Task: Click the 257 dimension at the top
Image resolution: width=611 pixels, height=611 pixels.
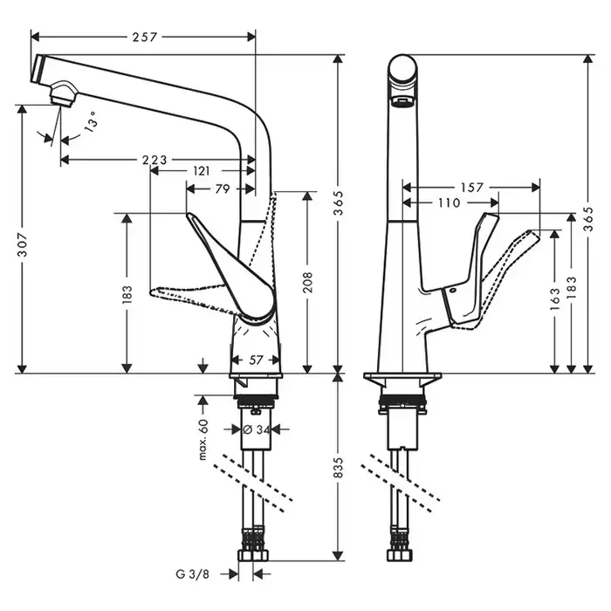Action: click(145, 37)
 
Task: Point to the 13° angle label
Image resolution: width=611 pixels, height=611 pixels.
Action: click(90, 125)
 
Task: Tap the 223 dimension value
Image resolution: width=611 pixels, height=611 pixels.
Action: click(154, 160)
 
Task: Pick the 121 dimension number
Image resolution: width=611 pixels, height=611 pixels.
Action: click(201, 171)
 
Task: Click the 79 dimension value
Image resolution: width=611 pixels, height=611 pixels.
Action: click(222, 189)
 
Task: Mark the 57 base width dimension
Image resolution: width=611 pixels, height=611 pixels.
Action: click(256, 359)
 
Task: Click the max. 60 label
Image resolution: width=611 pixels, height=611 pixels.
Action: click(203, 439)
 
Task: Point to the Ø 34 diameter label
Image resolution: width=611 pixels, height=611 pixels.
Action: click(253, 429)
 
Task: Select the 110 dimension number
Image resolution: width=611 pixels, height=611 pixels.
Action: click(449, 203)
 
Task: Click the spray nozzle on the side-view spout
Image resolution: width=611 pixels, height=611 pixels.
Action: click(60, 93)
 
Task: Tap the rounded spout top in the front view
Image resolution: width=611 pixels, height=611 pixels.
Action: click(402, 70)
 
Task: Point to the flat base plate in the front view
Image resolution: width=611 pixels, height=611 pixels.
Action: click(402, 378)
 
